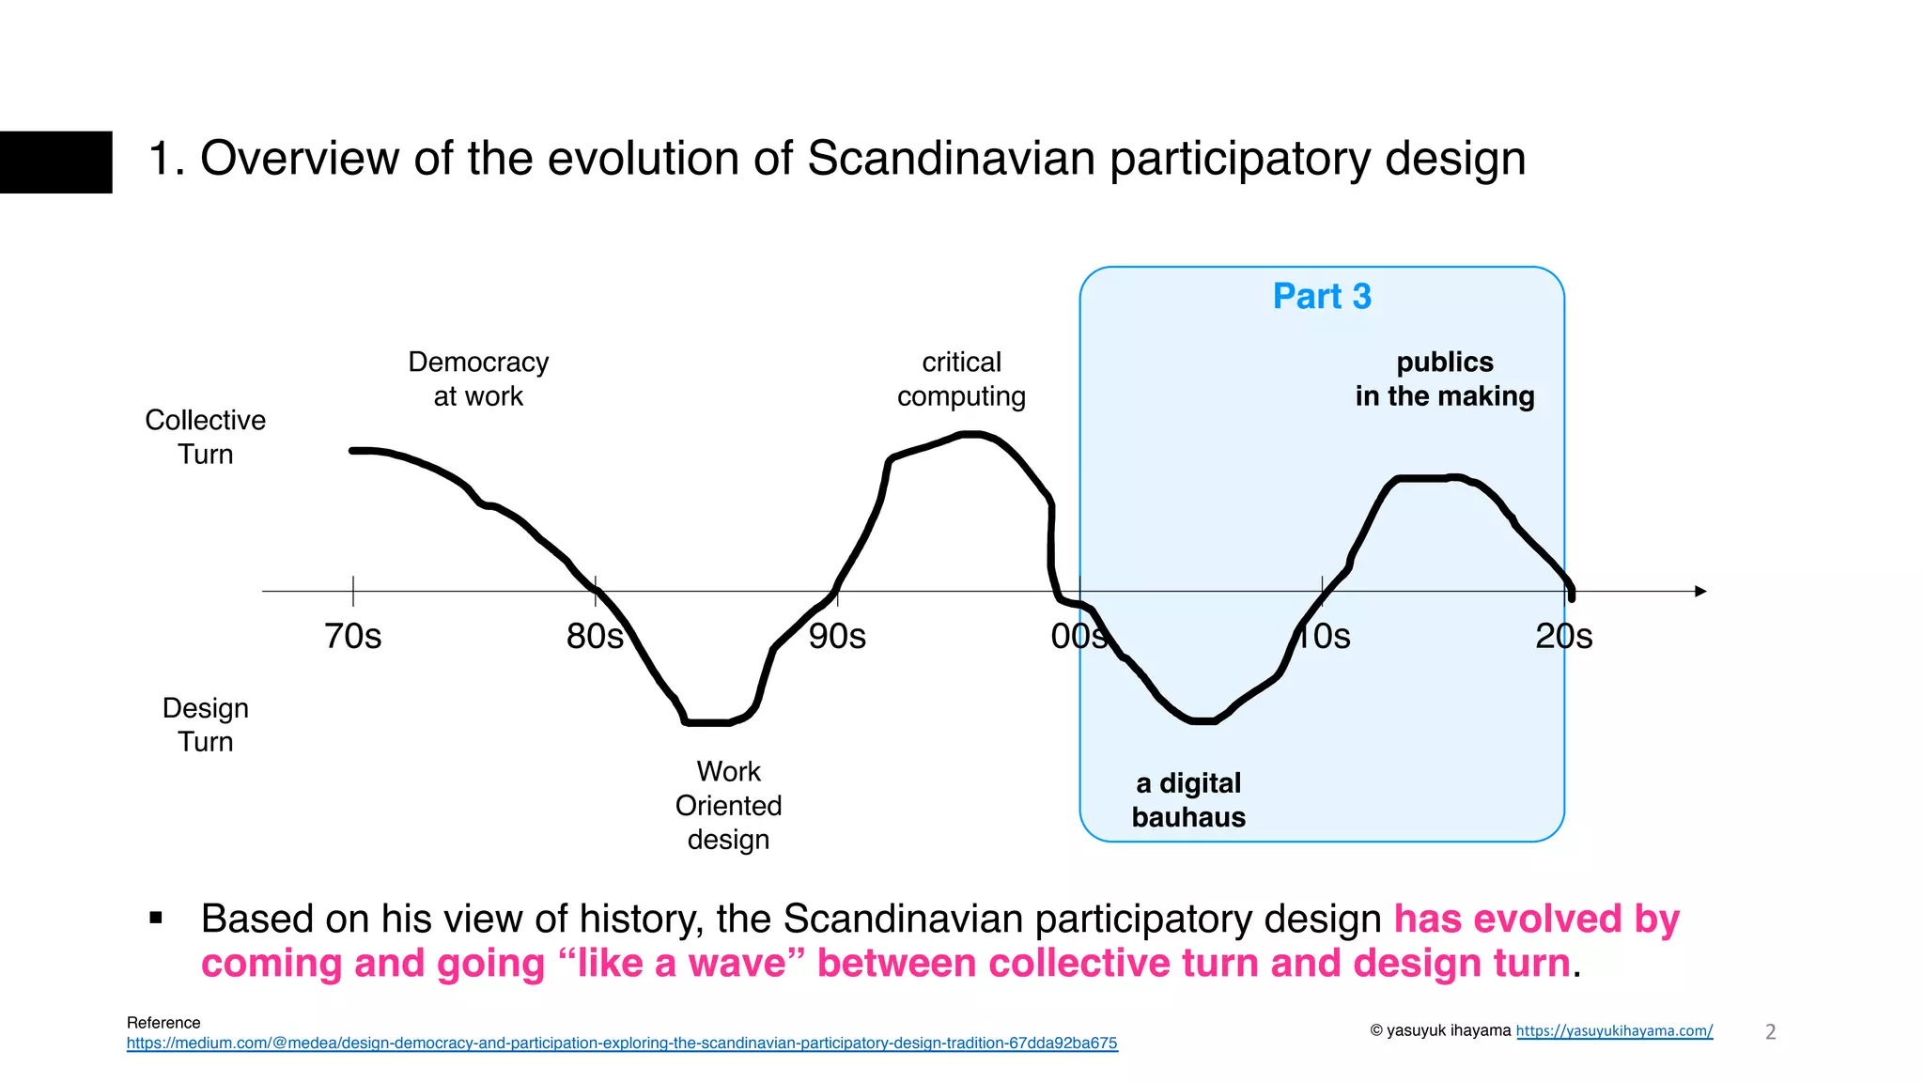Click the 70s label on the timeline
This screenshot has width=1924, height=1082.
352,637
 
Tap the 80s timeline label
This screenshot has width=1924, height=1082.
594,637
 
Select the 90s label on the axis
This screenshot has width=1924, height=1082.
837,637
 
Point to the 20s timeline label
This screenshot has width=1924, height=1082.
1563,637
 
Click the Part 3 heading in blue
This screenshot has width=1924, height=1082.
1321,297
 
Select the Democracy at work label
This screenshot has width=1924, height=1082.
478,379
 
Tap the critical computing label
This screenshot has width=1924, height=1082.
961,379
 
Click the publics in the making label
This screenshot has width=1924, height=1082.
1444,379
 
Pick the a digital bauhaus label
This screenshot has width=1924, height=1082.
1188,799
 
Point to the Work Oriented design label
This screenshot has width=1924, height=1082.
728,805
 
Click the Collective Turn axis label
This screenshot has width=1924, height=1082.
205,437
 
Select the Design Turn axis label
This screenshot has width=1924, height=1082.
205,724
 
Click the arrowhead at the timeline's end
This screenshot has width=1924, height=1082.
1700,591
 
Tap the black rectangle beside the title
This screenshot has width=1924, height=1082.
55,162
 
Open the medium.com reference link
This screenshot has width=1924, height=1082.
622,1043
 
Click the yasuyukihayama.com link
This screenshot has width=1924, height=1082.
1614,1030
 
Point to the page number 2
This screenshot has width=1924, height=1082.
1770,1031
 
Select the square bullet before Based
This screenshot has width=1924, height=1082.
156,918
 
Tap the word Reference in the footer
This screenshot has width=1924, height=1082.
163,1023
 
